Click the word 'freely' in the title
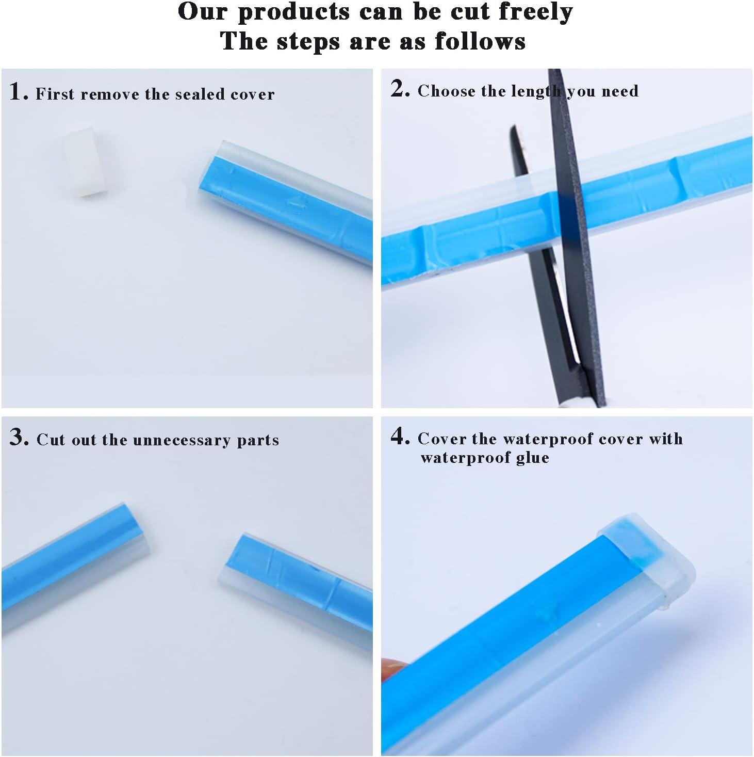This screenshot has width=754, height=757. tap(536, 12)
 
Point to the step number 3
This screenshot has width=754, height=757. tap(19, 437)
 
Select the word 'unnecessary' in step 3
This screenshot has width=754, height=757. tap(182, 441)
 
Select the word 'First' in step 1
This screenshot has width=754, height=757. tap(55, 94)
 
